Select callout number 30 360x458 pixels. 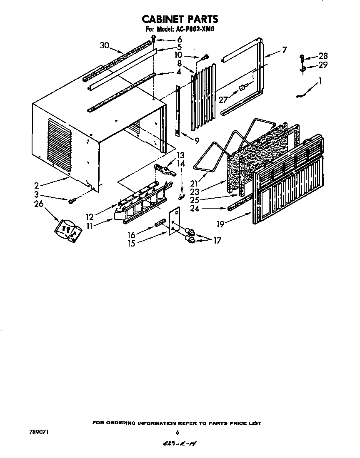point(105,45)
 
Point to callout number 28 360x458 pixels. point(323,56)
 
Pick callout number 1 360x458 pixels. point(320,82)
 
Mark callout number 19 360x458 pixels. point(220,224)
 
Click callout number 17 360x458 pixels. point(216,240)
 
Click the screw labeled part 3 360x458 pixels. point(72,201)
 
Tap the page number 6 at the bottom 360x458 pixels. point(177,432)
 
